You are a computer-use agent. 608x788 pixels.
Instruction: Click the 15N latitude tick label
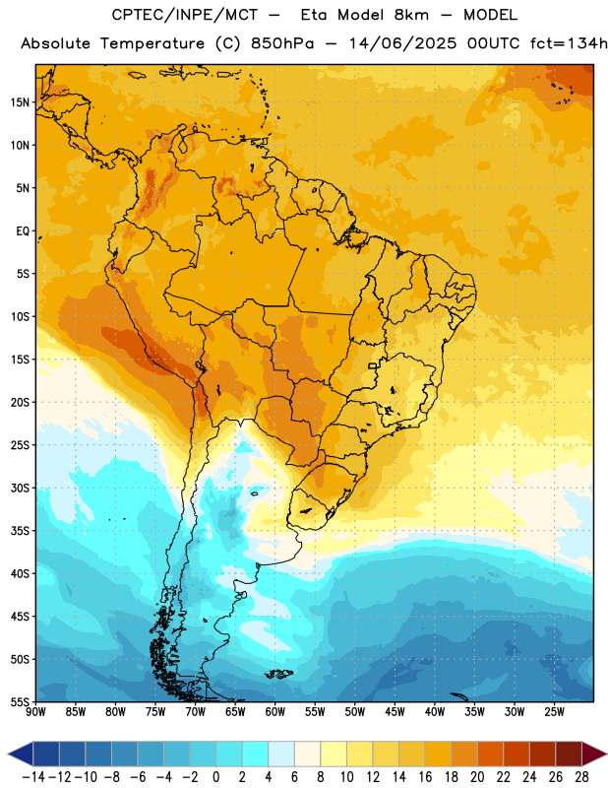coord(20,102)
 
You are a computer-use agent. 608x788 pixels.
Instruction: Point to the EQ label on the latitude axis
coord(23,231)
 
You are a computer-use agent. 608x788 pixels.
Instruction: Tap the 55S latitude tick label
coord(20,701)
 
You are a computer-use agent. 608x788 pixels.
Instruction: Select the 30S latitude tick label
coord(20,488)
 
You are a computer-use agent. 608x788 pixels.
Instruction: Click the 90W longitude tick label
coord(36,711)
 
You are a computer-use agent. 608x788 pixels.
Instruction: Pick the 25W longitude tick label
coord(555,711)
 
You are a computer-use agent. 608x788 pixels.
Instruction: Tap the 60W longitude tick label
coord(275,711)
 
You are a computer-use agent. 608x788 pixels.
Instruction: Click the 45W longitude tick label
coord(395,711)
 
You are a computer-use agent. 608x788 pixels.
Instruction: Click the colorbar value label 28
coord(581,777)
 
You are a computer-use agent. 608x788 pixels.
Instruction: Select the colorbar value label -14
coord(33,777)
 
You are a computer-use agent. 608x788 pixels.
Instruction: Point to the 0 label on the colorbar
coord(216,777)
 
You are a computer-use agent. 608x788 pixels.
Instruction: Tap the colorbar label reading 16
coord(425,777)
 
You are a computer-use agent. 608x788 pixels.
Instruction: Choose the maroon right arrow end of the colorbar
coord(594,755)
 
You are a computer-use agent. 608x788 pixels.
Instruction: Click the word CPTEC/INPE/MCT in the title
coord(185,15)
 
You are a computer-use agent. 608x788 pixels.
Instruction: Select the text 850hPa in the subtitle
coord(282,43)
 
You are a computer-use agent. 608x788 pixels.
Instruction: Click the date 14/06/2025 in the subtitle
coord(403,43)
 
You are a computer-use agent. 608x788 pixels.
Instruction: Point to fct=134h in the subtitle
coord(569,43)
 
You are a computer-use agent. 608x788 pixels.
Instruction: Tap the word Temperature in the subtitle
coord(152,44)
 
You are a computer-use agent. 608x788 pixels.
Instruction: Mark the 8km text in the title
coord(411,15)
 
